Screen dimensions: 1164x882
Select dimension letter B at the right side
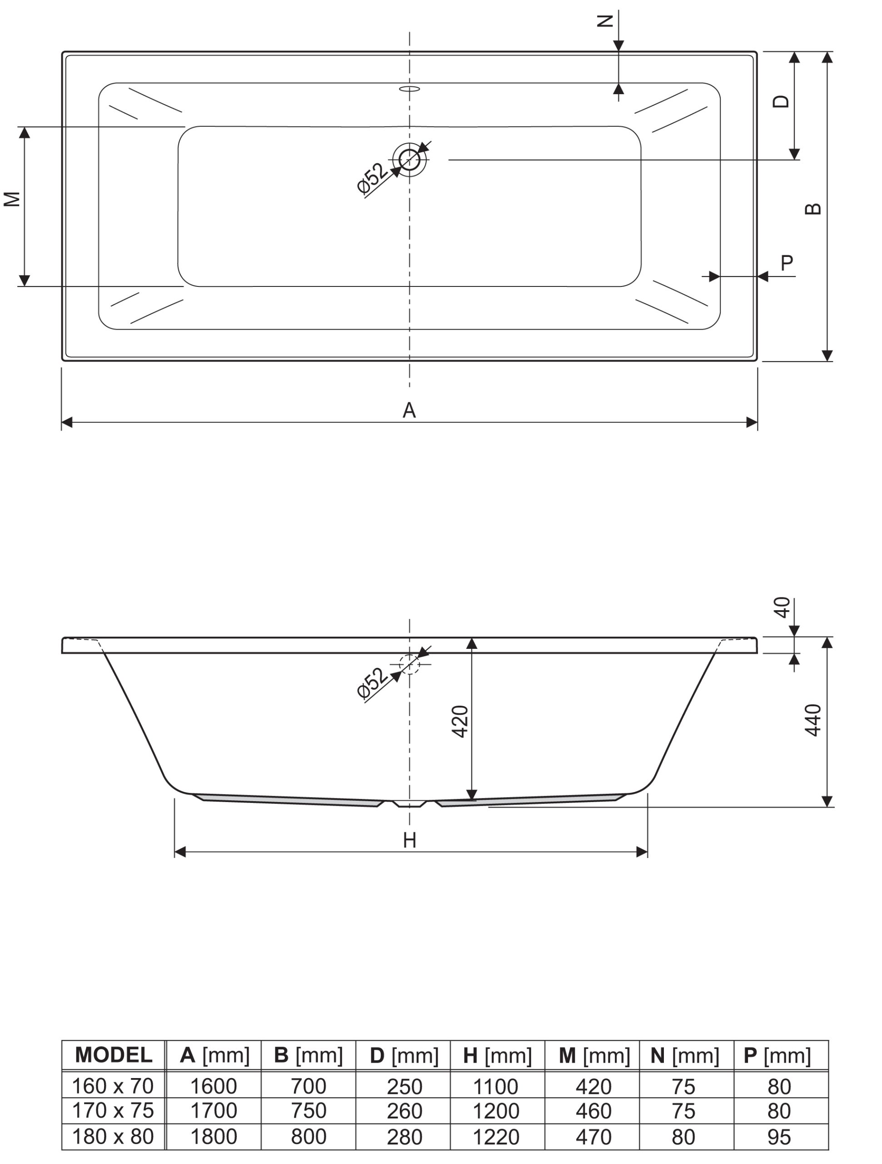(x=813, y=209)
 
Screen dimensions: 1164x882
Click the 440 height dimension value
(x=813, y=720)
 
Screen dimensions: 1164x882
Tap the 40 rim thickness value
(x=782, y=607)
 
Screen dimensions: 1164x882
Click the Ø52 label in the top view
(x=372, y=178)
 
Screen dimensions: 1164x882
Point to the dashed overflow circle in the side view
(x=410, y=664)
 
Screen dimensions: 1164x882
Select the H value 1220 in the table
(x=496, y=1137)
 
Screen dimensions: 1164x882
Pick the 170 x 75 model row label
(x=113, y=1110)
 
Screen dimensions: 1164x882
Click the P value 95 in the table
(x=779, y=1137)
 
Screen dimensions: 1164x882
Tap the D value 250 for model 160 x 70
(x=404, y=1086)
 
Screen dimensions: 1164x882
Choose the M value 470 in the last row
(x=593, y=1137)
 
